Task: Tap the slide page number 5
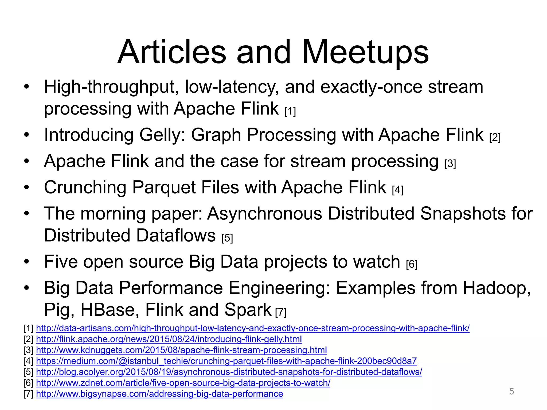tap(511, 391)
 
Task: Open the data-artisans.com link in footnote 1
tap(252, 328)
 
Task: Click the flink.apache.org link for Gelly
tap(169, 339)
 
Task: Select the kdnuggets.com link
tap(181, 350)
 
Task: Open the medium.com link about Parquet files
tap(226, 361)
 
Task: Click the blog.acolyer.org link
tap(229, 372)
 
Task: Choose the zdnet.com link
tap(183, 383)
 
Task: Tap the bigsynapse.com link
tap(159, 394)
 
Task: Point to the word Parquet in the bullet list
tap(164, 187)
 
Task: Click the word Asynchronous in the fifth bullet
tap(265, 214)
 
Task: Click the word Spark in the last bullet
tap(248, 310)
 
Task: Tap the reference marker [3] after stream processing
tap(450, 163)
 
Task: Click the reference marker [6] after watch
tap(411, 264)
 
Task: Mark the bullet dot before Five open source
tap(26, 262)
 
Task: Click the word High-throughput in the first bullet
tap(111, 87)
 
